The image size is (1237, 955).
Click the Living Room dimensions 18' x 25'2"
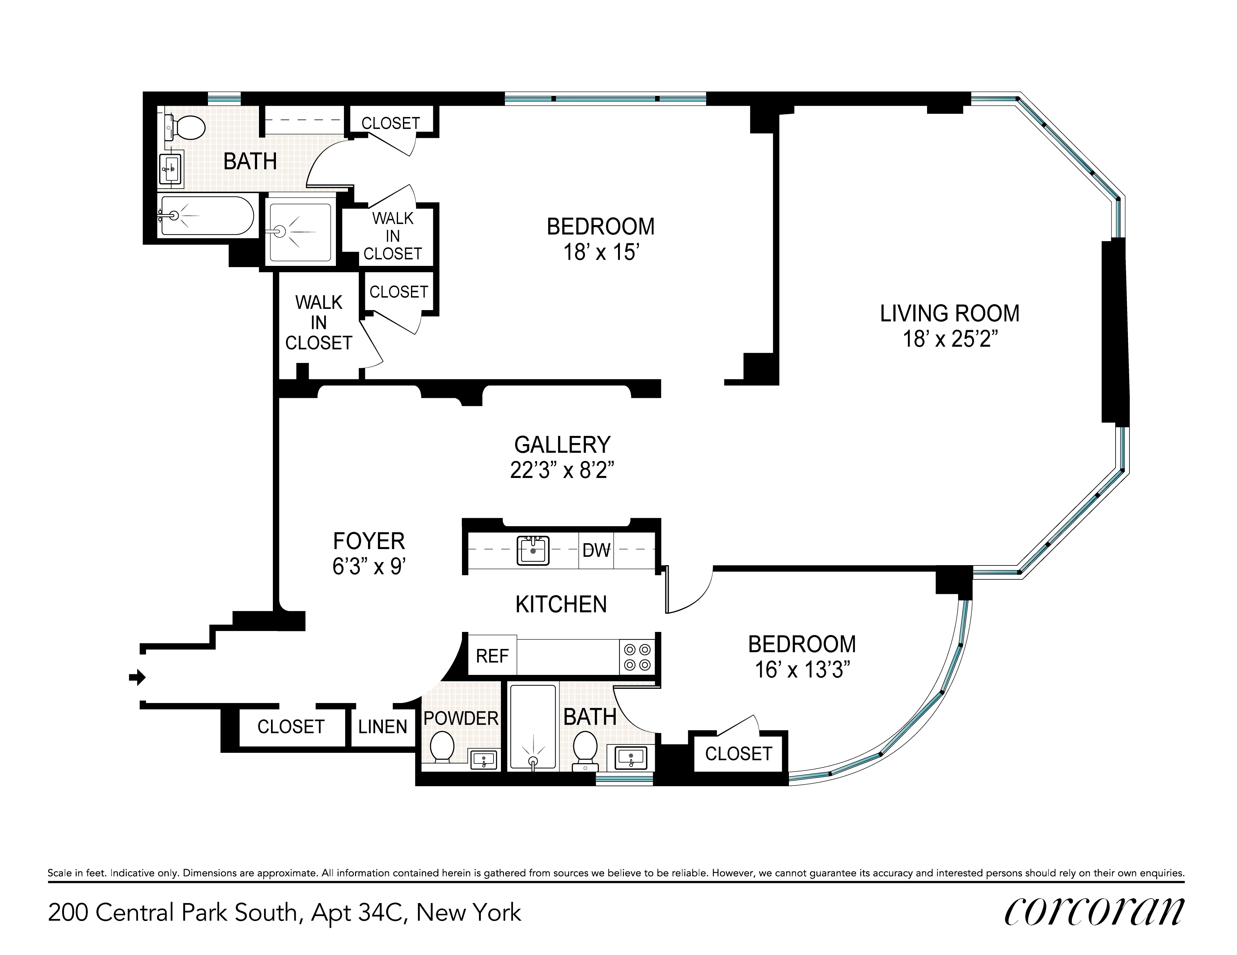point(949,339)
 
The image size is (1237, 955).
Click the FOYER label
point(369,541)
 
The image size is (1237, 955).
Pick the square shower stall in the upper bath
point(300,232)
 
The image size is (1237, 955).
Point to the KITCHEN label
point(561,605)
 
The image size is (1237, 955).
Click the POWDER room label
point(460,718)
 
